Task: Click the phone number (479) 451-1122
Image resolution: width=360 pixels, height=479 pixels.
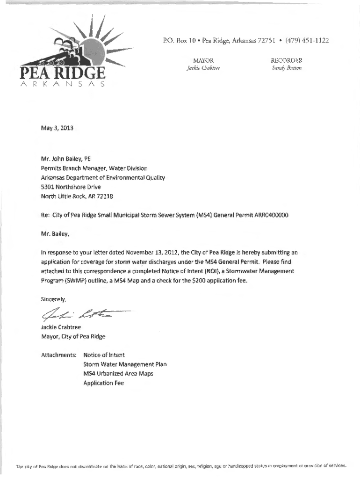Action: point(306,41)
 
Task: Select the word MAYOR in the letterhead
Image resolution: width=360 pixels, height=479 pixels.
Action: point(203,60)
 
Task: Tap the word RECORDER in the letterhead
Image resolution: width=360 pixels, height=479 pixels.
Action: point(287,60)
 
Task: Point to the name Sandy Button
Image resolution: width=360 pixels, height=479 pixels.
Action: point(287,68)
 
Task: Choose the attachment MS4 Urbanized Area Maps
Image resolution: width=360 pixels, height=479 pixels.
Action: point(118,374)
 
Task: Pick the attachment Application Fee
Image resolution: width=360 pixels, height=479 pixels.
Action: point(103,383)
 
